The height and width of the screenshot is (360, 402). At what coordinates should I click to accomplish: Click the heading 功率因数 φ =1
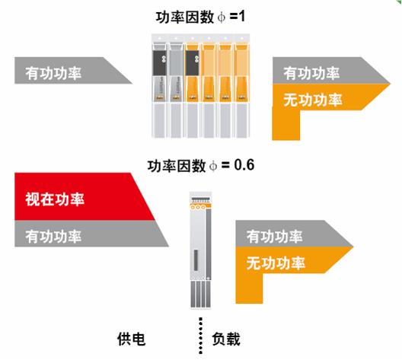[200, 18]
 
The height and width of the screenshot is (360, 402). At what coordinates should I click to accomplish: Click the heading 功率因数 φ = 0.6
[201, 165]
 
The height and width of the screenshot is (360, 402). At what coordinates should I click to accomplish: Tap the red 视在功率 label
[55, 199]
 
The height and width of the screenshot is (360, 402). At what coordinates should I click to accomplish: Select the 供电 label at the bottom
[131, 339]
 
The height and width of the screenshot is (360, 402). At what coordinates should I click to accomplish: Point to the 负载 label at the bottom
[226, 339]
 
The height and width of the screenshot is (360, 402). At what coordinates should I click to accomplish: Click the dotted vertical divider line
[200, 336]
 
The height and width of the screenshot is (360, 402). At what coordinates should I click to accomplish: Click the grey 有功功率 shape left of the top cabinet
[73, 71]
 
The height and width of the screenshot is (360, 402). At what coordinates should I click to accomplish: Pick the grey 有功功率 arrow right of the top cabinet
[331, 71]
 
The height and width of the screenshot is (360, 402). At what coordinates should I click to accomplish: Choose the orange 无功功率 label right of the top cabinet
[312, 100]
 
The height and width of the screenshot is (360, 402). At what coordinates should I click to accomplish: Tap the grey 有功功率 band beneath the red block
[91, 234]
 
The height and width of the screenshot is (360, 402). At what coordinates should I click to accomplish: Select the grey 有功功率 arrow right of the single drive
[295, 234]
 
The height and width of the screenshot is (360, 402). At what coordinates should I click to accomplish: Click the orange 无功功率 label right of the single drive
[276, 263]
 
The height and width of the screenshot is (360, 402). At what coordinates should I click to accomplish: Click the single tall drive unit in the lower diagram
[201, 250]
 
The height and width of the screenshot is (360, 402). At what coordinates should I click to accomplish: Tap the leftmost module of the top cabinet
[159, 90]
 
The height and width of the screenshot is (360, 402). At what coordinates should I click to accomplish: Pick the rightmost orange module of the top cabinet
[242, 90]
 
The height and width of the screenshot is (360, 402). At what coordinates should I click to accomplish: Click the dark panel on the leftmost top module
[160, 63]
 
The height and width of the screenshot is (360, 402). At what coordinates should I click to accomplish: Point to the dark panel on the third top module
[193, 63]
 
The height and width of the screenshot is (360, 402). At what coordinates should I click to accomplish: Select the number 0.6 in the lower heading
[244, 164]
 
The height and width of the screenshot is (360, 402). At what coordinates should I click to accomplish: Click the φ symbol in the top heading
[222, 18]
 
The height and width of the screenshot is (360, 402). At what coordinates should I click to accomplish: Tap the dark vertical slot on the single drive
[196, 260]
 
